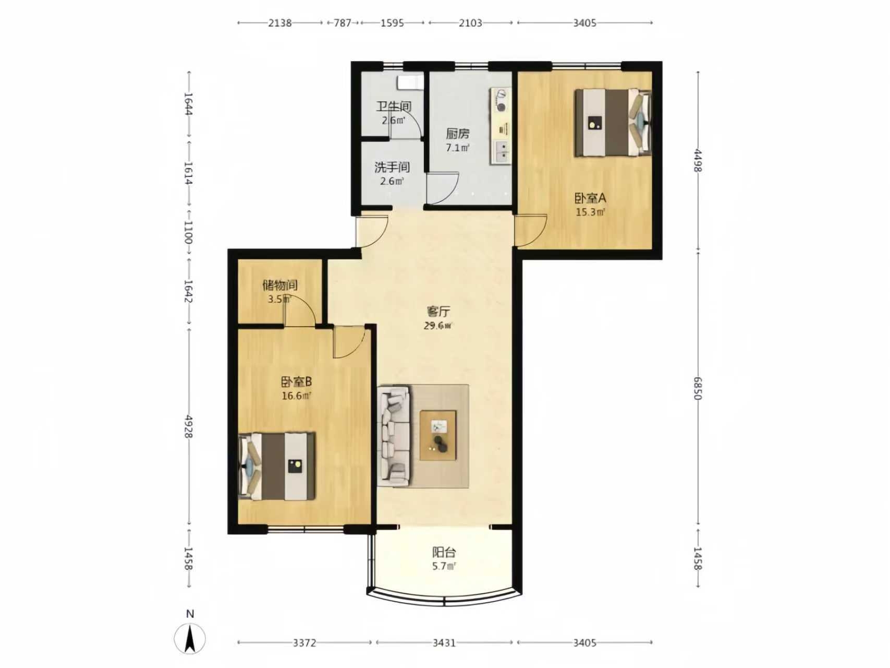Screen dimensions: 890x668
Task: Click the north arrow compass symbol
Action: click(x=190, y=638)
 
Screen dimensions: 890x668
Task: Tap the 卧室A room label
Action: click(x=590, y=198)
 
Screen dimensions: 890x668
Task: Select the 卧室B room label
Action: click(x=296, y=382)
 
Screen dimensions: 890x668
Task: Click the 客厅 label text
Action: click(x=438, y=312)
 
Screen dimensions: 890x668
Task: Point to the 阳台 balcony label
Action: click(x=444, y=552)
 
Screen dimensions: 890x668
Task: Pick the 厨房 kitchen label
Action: click(x=457, y=134)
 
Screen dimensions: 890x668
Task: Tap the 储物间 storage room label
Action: click(x=280, y=285)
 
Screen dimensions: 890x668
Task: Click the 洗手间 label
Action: click(x=392, y=168)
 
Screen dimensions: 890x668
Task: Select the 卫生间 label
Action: click(x=394, y=106)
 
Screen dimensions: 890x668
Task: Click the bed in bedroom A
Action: click(x=613, y=123)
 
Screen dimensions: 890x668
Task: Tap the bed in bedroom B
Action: click(x=277, y=466)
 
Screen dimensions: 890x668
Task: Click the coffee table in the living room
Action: click(x=438, y=436)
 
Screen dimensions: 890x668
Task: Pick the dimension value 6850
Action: click(x=698, y=388)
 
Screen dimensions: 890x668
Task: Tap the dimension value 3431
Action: click(x=444, y=643)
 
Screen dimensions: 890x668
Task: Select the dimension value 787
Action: click(x=343, y=23)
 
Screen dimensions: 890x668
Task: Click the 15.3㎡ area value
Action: click(x=590, y=212)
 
